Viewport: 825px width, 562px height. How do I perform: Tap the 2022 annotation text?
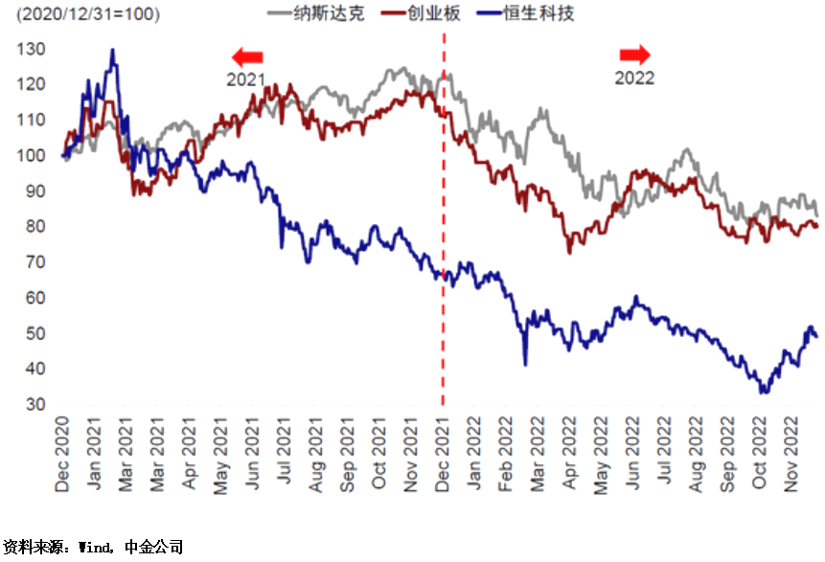[634, 79]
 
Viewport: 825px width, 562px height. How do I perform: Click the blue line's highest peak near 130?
[113, 50]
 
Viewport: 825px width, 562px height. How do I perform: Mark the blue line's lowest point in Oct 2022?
[763, 392]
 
